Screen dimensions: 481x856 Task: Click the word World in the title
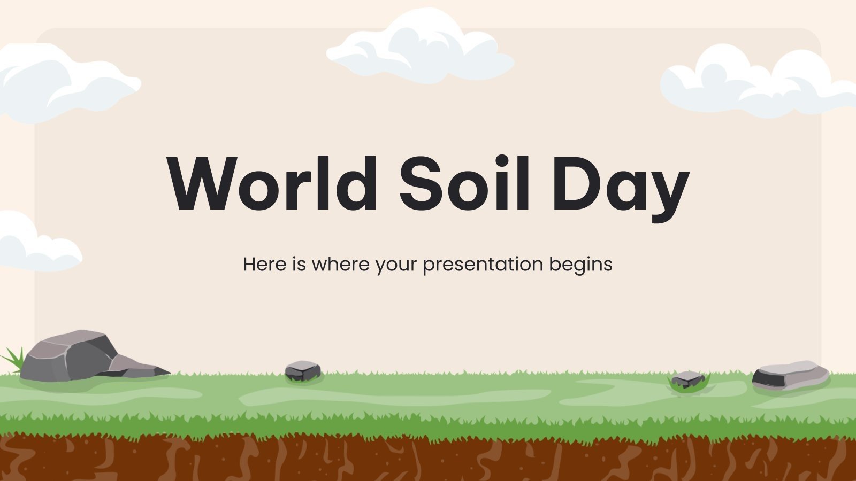click(273, 183)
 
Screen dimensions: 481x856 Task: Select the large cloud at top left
click(59, 83)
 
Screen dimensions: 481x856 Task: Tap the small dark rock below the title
click(303, 370)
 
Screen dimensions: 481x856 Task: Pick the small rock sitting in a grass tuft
click(688, 379)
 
